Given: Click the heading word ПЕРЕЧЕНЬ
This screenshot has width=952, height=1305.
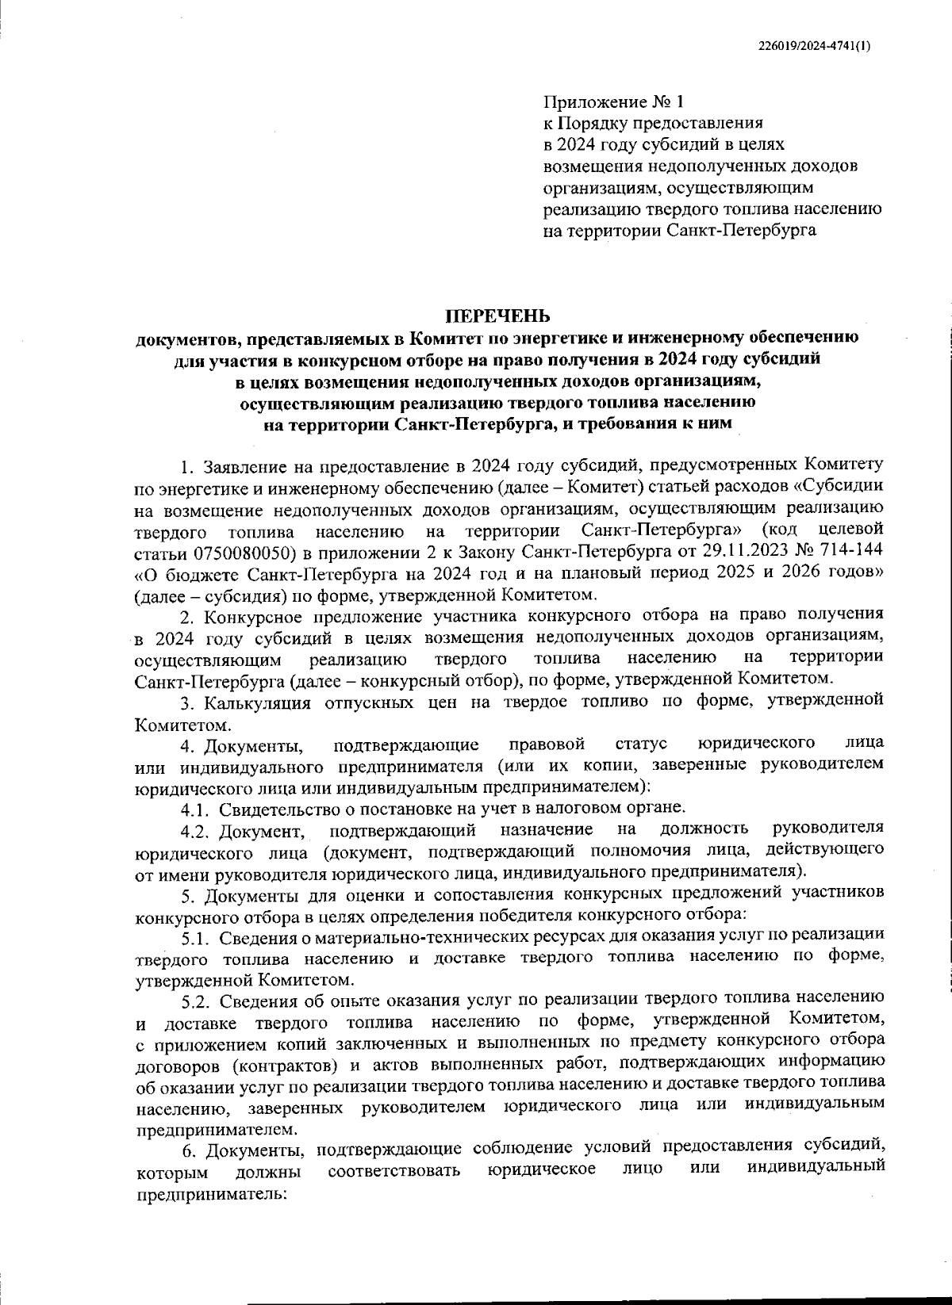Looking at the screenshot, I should click(x=495, y=317).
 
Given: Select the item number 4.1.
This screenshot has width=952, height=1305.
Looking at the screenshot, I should click(x=195, y=809).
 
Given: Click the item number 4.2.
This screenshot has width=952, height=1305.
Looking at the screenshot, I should click(x=195, y=830).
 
